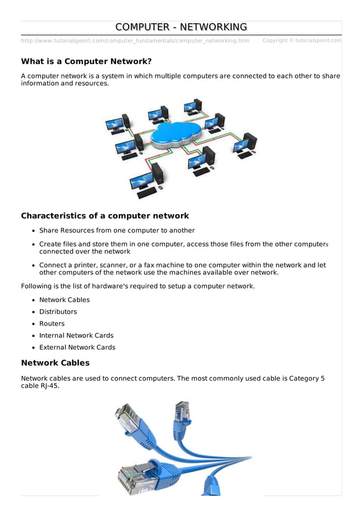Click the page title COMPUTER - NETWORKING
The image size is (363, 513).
coord(181,27)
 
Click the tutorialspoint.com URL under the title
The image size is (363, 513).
coord(135,41)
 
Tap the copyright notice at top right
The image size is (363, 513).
coord(302,41)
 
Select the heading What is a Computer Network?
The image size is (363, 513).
coord(86,61)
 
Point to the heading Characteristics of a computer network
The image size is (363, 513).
coord(105,216)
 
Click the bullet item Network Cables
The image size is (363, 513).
coord(64,300)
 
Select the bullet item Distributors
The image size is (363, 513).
coord(58,312)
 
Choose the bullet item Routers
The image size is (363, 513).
coord(52,324)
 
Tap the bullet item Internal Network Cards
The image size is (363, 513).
coord(76,336)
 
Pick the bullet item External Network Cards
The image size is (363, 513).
coord(77,348)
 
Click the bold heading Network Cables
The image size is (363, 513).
coord(55,363)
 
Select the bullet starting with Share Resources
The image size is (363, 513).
coord(117,231)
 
